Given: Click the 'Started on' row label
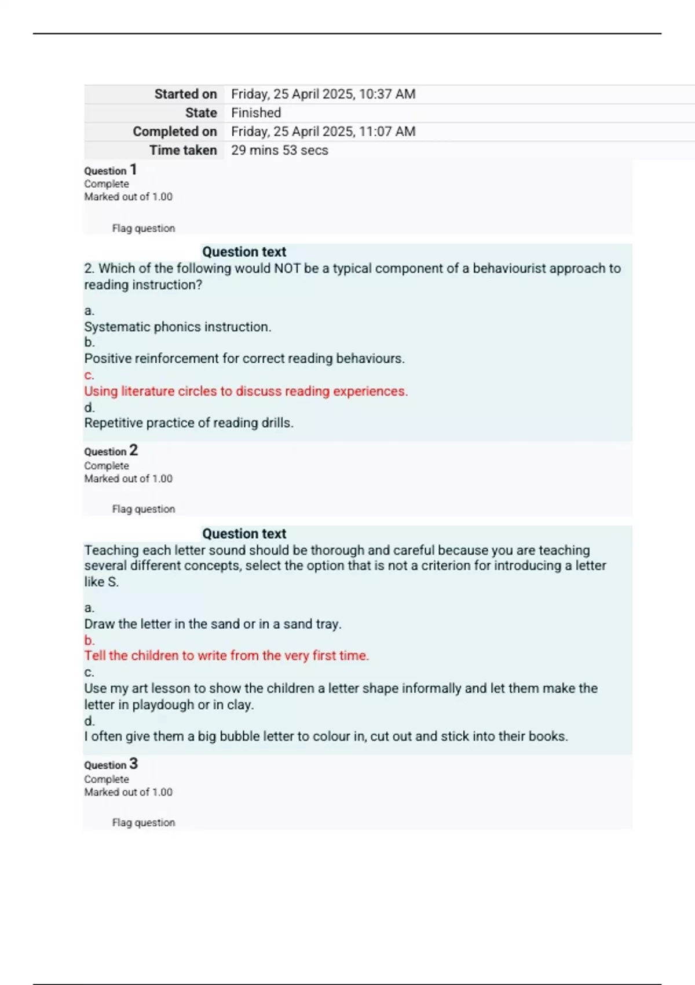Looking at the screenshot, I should (185, 94).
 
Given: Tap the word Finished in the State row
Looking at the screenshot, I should (256, 112).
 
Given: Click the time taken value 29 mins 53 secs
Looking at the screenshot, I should (280, 150).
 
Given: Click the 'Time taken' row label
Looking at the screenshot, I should (183, 150).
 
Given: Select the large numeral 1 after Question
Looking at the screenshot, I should (133, 170).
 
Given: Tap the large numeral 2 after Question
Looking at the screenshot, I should (134, 450).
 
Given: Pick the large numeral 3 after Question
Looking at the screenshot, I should (134, 764).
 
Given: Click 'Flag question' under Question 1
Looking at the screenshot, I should (144, 228).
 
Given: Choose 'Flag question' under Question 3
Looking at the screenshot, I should (144, 822).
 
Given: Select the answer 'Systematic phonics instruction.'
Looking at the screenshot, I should (178, 327).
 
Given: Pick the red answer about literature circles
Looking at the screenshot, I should (246, 391).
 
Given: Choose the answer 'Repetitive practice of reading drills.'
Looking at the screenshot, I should (189, 423).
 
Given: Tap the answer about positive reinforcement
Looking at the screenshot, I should (244, 359).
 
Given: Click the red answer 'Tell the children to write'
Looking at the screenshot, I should (226, 655).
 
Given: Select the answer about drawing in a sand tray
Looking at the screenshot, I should (213, 624).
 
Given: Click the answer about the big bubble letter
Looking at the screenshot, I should (326, 736).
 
